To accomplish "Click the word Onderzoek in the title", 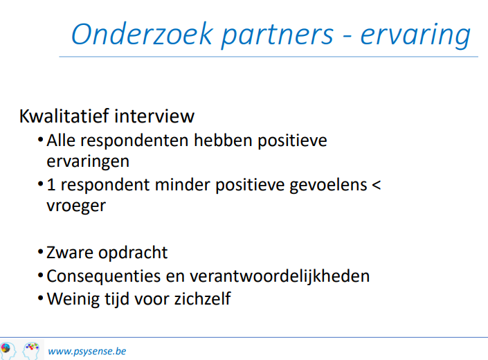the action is click(x=142, y=34).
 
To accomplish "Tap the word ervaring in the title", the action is click(x=415, y=36).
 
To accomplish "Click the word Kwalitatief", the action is click(x=64, y=116).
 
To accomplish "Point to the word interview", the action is click(x=154, y=116).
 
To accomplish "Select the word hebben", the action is click(x=223, y=140).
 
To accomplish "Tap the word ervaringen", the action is click(x=88, y=162).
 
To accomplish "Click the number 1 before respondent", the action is click(x=51, y=185).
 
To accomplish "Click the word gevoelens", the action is click(x=328, y=186).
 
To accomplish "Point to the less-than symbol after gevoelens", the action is click(x=377, y=185).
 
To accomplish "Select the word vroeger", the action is click(x=76, y=206).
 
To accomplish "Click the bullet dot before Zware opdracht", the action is click(x=40, y=251).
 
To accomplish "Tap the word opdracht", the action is click(x=133, y=253).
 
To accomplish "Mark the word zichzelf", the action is click(x=202, y=298).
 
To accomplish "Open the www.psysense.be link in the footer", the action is click(x=87, y=351).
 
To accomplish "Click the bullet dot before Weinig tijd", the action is click(x=40, y=298).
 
